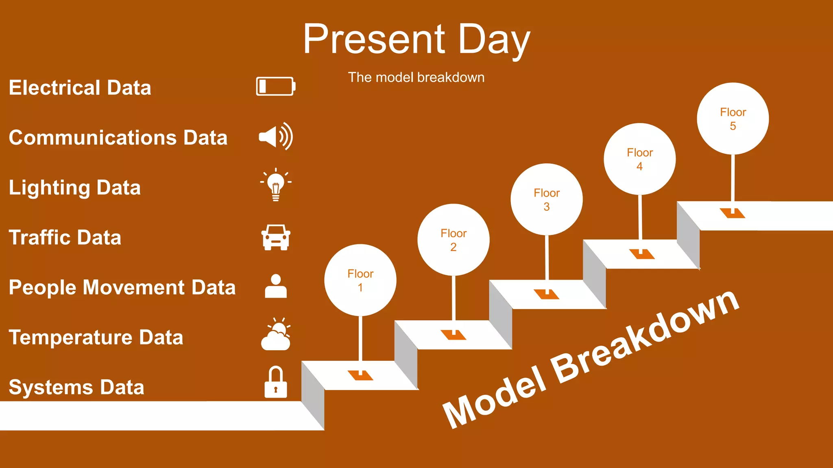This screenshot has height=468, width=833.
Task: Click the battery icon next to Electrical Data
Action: [x=275, y=86]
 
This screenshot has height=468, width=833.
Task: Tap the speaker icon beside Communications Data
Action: [x=275, y=136]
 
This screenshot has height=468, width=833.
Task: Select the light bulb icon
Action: [x=276, y=185]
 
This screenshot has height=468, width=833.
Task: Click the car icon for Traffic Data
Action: [x=276, y=237]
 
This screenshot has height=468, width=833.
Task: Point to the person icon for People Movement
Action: [x=276, y=286]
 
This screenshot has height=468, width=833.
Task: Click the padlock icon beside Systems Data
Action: [x=276, y=383]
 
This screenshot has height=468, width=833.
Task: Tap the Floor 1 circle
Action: [x=360, y=280]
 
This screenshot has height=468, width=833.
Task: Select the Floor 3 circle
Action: [x=546, y=199]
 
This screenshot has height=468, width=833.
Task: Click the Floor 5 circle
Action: [x=733, y=119]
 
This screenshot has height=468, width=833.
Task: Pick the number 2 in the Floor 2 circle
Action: [x=453, y=247]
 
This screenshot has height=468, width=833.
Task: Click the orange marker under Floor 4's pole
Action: [x=641, y=255]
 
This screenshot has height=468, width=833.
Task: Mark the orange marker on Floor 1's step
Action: [x=360, y=375]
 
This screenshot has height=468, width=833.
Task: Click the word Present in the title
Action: [x=374, y=39]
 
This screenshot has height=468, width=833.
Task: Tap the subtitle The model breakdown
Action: [x=416, y=77]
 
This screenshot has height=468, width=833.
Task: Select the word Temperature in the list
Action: [x=71, y=338]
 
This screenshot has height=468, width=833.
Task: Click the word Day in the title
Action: [x=494, y=39]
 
